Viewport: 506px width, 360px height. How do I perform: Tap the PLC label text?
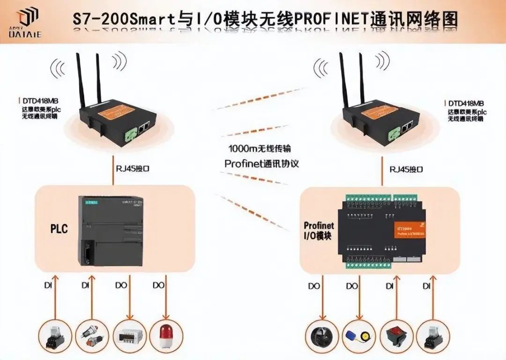[x=59, y=229]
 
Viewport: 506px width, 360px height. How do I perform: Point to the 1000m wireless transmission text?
[x=260, y=149]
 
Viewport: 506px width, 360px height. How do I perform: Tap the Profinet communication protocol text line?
[x=261, y=164]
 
